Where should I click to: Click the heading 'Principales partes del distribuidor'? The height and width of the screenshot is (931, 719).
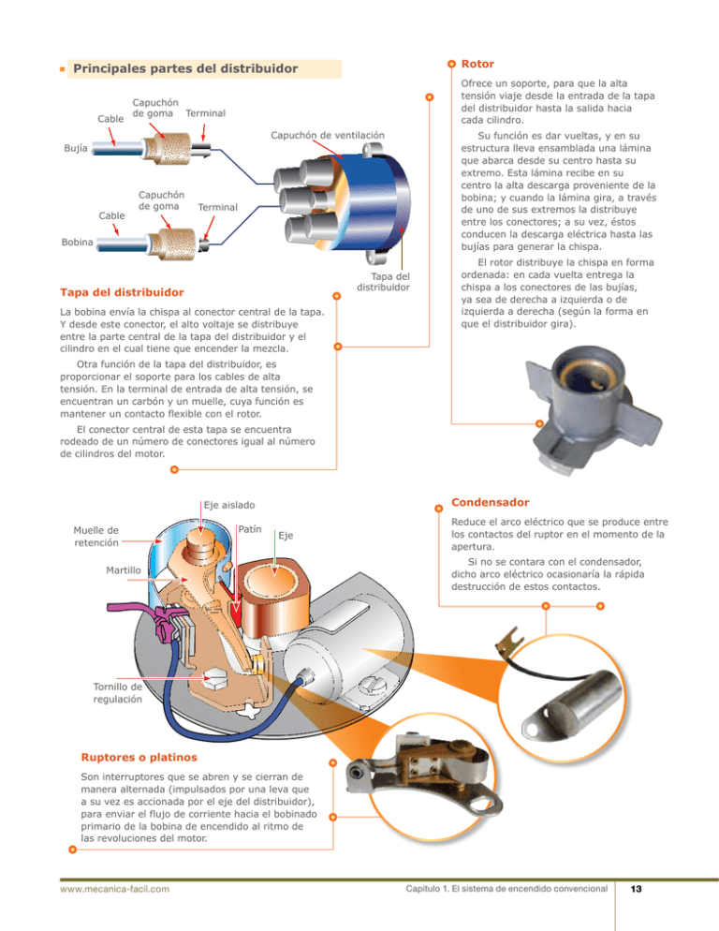coord(185,69)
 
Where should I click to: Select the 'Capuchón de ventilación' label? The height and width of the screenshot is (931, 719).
coord(328,135)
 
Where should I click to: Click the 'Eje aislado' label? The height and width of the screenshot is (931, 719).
coord(229,505)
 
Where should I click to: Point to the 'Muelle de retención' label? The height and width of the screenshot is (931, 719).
coord(95,535)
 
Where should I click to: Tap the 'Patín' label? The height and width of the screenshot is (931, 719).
coord(248,529)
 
